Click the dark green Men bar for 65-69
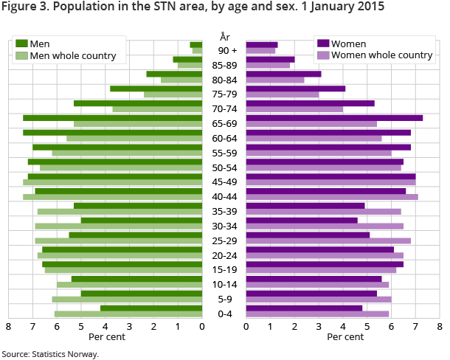[112, 118]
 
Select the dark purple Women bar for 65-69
[334, 118]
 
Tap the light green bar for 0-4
[128, 314]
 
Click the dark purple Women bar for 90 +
[262, 45]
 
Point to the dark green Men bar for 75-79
[156, 89]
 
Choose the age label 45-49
[224, 181]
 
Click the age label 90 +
[224, 50]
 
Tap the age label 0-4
[224, 314]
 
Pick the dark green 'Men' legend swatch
[21, 44]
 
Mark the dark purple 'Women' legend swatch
[322, 44]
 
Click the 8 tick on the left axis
[9, 326]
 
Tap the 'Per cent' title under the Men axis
[107, 337]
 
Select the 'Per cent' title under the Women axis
[345, 337]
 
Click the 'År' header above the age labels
[224, 36]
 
